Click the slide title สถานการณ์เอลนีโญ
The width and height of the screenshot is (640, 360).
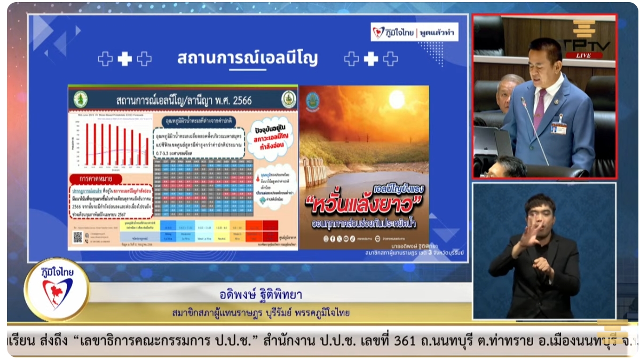247,58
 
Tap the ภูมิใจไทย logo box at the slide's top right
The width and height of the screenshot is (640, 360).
414,32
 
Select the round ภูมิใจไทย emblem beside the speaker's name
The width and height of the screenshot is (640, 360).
57,289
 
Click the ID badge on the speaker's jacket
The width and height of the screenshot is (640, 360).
559,127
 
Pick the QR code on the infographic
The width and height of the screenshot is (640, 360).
78,237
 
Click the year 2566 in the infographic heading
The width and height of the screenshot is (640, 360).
238,100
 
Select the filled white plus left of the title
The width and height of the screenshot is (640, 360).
124,59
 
